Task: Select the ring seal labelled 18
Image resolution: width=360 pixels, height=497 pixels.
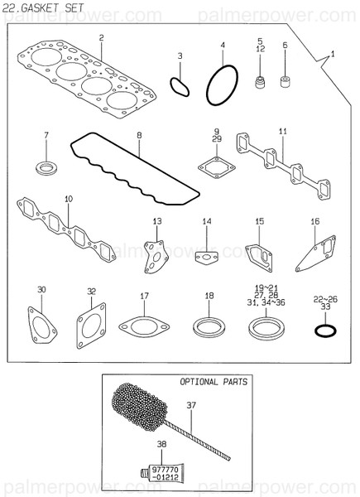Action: pos(209,325)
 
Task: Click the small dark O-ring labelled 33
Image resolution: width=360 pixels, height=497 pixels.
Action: pos(326,331)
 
